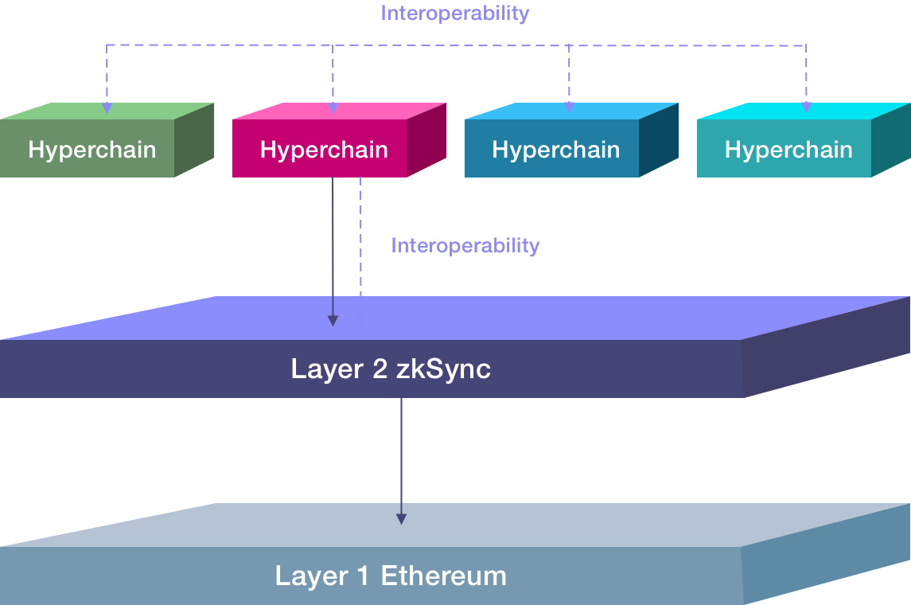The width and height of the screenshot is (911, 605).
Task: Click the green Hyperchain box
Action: click(x=91, y=149)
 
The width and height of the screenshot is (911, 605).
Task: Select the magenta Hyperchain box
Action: click(x=324, y=149)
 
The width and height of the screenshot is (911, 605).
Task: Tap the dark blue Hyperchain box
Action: click(x=555, y=149)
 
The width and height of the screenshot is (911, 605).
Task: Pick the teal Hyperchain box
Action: click(x=788, y=149)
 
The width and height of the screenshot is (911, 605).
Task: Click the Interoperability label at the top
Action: click(x=454, y=14)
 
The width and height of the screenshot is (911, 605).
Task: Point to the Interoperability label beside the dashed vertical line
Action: click(x=465, y=246)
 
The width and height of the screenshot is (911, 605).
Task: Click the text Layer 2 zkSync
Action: click(x=391, y=369)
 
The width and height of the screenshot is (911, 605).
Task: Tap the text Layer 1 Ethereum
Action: click(x=391, y=576)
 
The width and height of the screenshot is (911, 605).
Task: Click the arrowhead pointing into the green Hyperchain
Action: click(x=107, y=107)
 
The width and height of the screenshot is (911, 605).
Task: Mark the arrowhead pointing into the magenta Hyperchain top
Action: click(x=333, y=107)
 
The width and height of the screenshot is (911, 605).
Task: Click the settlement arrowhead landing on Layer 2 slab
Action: click(x=333, y=320)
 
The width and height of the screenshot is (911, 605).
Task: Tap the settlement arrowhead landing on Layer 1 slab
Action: click(x=401, y=518)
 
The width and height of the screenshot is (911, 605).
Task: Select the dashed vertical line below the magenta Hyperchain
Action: click(x=360, y=239)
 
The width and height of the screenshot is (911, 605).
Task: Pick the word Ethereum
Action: click(x=443, y=576)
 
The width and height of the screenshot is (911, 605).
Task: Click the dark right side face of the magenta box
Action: click(x=426, y=143)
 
